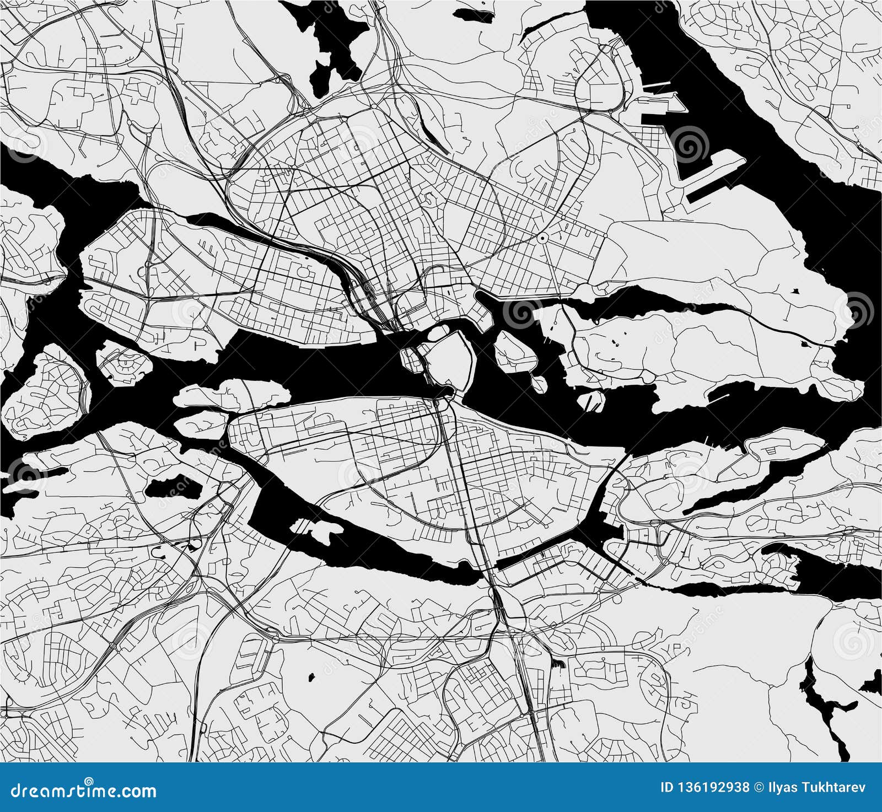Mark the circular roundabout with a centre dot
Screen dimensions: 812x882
click(x=543, y=238)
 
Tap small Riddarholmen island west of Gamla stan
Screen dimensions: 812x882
click(x=410, y=359)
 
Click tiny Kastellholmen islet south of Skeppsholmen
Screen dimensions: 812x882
click(x=536, y=381)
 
